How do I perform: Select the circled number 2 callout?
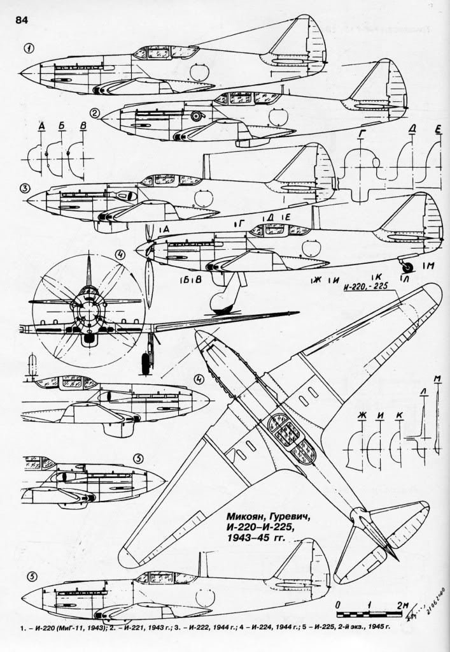(95, 114)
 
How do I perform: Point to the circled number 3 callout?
(25, 189)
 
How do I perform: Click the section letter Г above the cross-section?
(362, 133)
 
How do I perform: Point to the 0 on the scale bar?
(338, 604)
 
